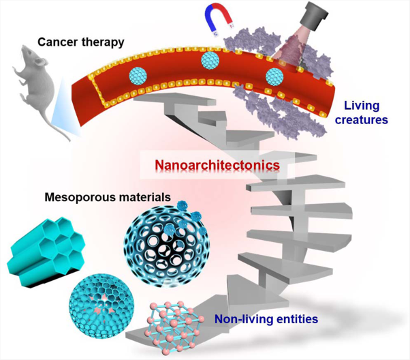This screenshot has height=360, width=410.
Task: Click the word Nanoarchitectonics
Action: point(217,165)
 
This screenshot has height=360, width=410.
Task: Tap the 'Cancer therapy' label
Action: point(81,42)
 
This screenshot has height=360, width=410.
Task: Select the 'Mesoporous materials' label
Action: point(108,197)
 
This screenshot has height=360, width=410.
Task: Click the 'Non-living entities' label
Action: point(266,319)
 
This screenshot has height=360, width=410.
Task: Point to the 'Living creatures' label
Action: point(362,112)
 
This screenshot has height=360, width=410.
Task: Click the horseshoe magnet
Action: point(218,21)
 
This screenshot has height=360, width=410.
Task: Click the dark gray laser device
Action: point(315,16)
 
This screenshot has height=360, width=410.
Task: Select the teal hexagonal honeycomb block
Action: point(46,252)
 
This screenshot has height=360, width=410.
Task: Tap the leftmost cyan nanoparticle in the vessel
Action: point(138,76)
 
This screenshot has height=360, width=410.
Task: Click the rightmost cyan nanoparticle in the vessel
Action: point(274,76)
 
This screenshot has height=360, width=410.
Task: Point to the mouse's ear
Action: point(38,62)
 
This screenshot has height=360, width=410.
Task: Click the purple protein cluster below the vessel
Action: point(280,112)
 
